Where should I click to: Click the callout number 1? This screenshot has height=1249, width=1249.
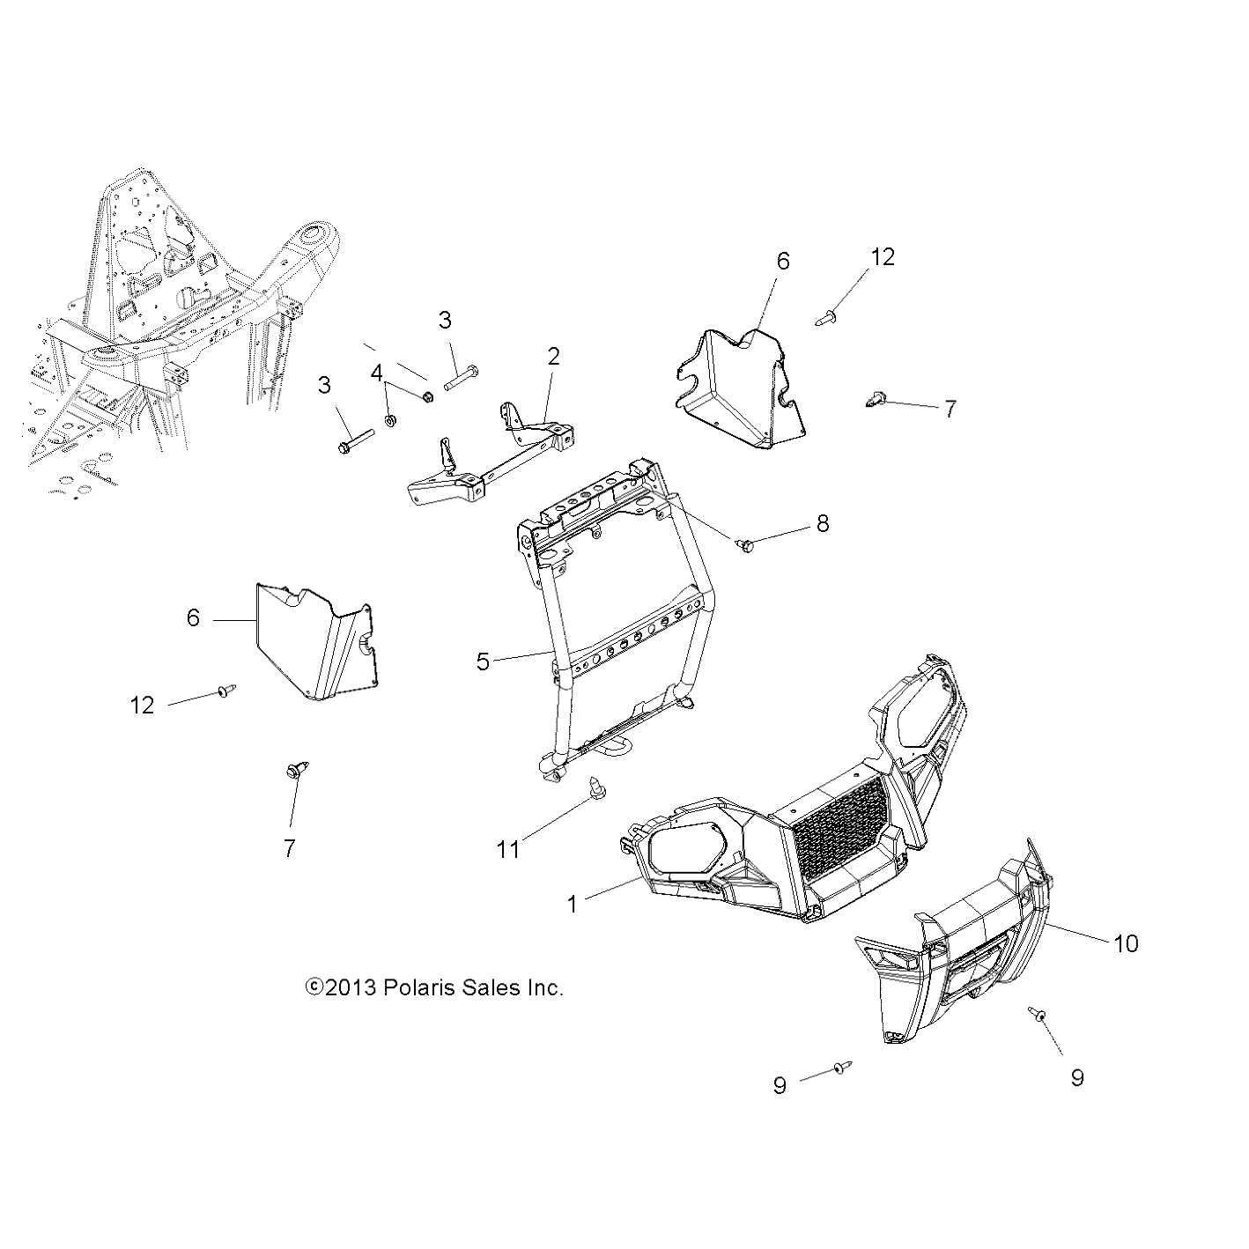572,904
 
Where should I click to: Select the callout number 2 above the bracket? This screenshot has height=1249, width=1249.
553,357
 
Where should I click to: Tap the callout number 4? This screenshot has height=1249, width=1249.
377,373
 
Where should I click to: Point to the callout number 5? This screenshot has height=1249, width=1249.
483,661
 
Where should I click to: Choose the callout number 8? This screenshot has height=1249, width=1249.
822,523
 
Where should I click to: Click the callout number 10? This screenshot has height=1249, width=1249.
1126,943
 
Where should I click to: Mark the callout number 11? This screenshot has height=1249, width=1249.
508,849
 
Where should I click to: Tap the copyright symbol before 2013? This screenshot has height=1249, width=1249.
314,987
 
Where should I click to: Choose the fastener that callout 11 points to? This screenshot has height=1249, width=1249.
595,787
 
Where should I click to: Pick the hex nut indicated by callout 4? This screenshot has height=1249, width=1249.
427,396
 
